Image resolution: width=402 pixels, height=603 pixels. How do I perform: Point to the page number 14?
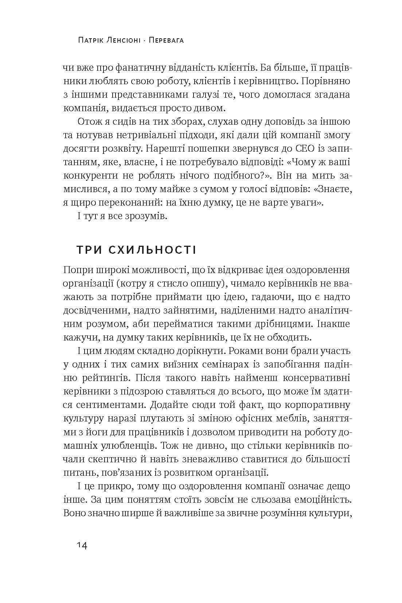82,546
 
